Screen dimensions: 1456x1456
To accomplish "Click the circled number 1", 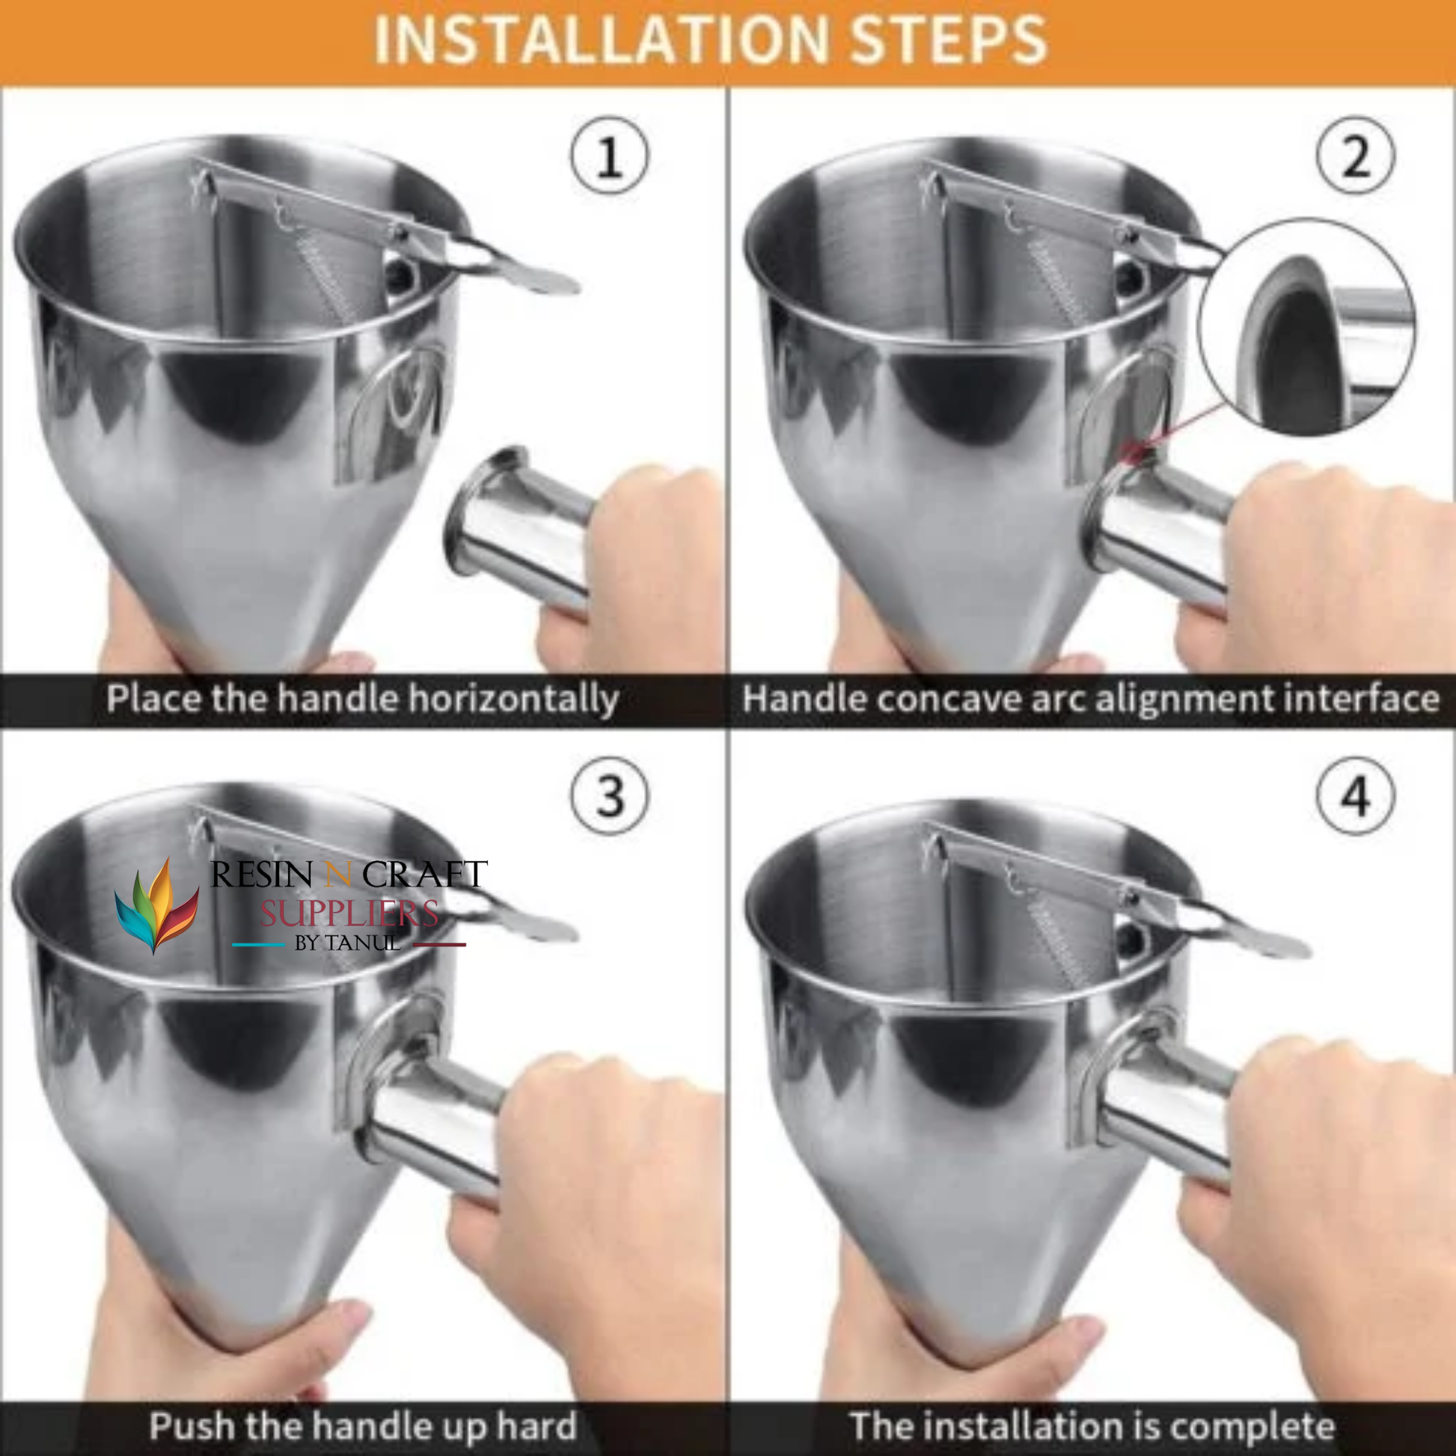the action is point(609,156).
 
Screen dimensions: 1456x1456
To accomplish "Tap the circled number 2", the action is point(1356,156).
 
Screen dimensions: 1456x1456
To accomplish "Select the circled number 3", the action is point(609,796).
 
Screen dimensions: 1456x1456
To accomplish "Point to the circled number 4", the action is point(1356,796).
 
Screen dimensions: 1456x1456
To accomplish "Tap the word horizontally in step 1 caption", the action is point(513,700).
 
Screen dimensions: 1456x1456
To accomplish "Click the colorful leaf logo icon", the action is point(157,905).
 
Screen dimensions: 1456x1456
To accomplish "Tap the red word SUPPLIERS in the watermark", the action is point(349,914).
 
